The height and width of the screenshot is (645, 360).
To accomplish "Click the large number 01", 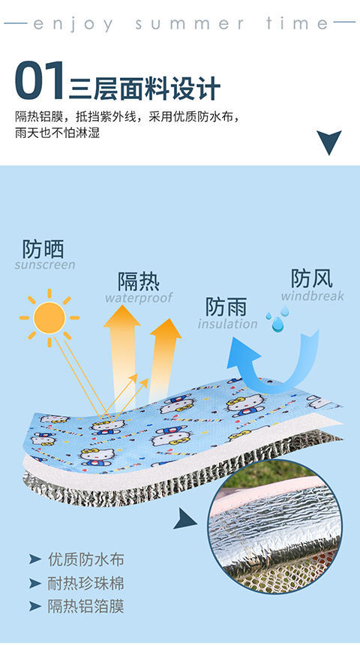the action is (40, 80).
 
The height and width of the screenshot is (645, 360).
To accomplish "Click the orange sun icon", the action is (49, 317).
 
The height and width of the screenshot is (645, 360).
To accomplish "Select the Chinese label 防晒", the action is (43, 249).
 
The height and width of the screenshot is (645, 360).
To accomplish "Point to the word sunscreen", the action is (45, 265).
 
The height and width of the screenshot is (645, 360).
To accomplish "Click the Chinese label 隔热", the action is (139, 282).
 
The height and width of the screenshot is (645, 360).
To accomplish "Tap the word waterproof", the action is (139, 298).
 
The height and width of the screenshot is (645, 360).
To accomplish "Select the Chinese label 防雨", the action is (226, 307).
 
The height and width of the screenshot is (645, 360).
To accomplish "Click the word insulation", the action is (227, 324).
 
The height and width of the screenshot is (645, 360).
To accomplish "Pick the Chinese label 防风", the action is (312, 278).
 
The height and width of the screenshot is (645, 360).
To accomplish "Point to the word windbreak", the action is (313, 296).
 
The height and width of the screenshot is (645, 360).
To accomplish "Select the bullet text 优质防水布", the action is (86, 559).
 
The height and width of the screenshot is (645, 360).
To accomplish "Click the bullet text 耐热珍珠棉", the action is (86, 583).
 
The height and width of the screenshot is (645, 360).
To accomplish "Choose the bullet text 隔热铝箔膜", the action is (86, 607).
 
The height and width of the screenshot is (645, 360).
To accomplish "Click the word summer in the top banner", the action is (190, 24).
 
